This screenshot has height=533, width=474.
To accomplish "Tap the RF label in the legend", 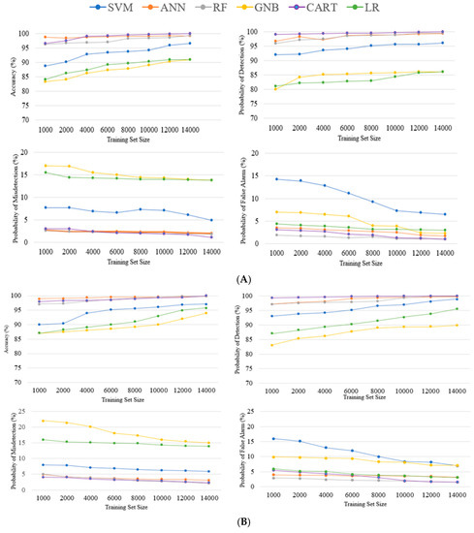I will [237, 9].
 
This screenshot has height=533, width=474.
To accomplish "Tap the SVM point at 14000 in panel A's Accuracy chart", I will [216, 44].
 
